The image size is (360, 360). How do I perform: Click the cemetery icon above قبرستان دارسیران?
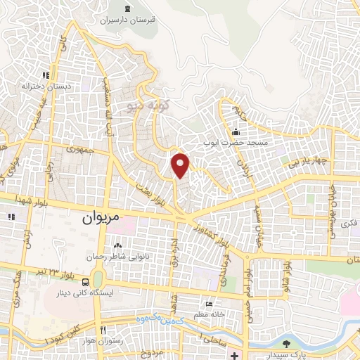pyautogui.click(x=127, y=8)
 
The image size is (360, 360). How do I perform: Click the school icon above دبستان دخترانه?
pyautogui.click(x=46, y=75)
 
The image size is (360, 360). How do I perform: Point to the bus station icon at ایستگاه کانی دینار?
pyautogui.click(x=96, y=281)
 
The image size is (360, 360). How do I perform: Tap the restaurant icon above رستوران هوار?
pyautogui.click(x=103, y=330)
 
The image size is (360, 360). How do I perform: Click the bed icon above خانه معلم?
pyautogui.click(x=208, y=304)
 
